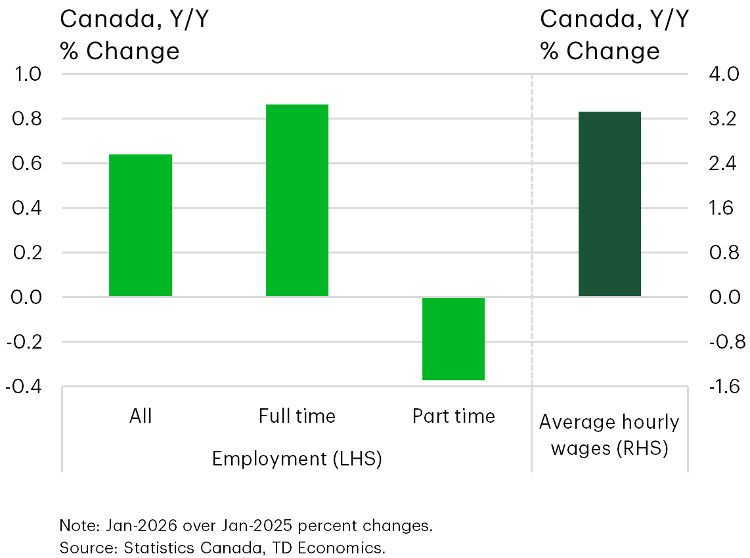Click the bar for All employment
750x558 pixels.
(x=141, y=225)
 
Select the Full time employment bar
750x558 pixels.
(x=297, y=200)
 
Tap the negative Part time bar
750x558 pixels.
(x=453, y=339)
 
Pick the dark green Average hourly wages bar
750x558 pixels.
(x=609, y=204)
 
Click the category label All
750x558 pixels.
(x=141, y=416)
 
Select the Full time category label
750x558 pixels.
(x=297, y=416)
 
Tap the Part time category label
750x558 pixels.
(x=453, y=416)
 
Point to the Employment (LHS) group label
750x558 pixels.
(x=297, y=459)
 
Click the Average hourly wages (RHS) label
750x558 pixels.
(x=609, y=435)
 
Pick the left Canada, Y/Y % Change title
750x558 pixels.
(x=135, y=35)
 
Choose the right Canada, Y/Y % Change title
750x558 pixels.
(x=614, y=35)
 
